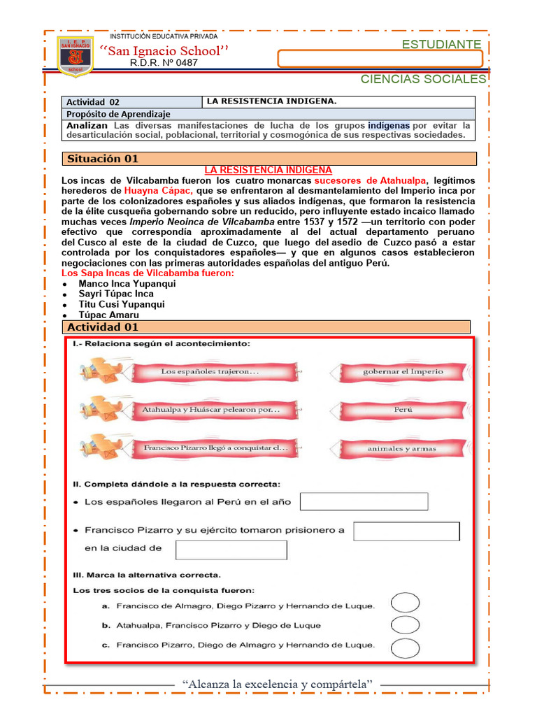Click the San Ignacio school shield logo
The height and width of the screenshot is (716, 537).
[x=75, y=57]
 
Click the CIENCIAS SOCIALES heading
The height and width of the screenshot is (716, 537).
[x=422, y=79]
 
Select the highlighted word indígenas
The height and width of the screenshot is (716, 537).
[x=389, y=125]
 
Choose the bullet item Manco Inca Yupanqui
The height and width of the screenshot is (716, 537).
[x=127, y=284]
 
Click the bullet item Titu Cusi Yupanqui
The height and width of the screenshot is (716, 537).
[x=122, y=305]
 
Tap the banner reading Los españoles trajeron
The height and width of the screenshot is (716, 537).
[x=210, y=372]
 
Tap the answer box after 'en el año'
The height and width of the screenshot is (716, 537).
[x=364, y=502]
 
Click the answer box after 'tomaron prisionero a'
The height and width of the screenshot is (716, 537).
[x=406, y=531]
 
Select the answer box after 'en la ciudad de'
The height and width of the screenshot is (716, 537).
[x=231, y=550]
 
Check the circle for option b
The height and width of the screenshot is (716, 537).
[x=405, y=624]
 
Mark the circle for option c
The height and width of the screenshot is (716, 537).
[x=405, y=647]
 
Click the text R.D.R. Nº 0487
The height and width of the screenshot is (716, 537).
[x=164, y=63]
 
